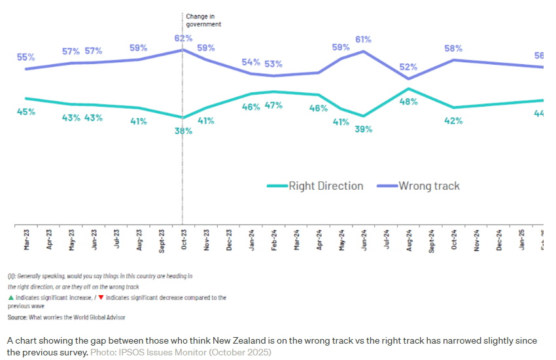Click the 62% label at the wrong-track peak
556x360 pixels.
pos(183,38)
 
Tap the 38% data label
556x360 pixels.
pos(183,131)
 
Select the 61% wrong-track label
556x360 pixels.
pos(364,39)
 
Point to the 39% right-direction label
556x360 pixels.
pos(364,129)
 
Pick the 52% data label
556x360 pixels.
pos(409,66)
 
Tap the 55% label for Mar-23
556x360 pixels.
pos(26,58)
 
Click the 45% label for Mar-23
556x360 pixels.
pos(26,112)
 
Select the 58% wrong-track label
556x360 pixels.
pos(454,48)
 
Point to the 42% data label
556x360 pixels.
pos(454,120)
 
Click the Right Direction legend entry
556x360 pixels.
pos(315,186)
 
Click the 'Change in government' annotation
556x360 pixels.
pos(203,20)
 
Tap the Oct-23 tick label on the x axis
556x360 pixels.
pos(184,240)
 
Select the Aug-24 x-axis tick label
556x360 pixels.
pos(409,240)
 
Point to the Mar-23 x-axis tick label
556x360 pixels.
pos(27,240)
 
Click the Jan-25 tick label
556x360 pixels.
pos(521,240)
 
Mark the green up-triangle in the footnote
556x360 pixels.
pos(10,298)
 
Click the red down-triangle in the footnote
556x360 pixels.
pos(101,298)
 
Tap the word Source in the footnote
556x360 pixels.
pos(18,317)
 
